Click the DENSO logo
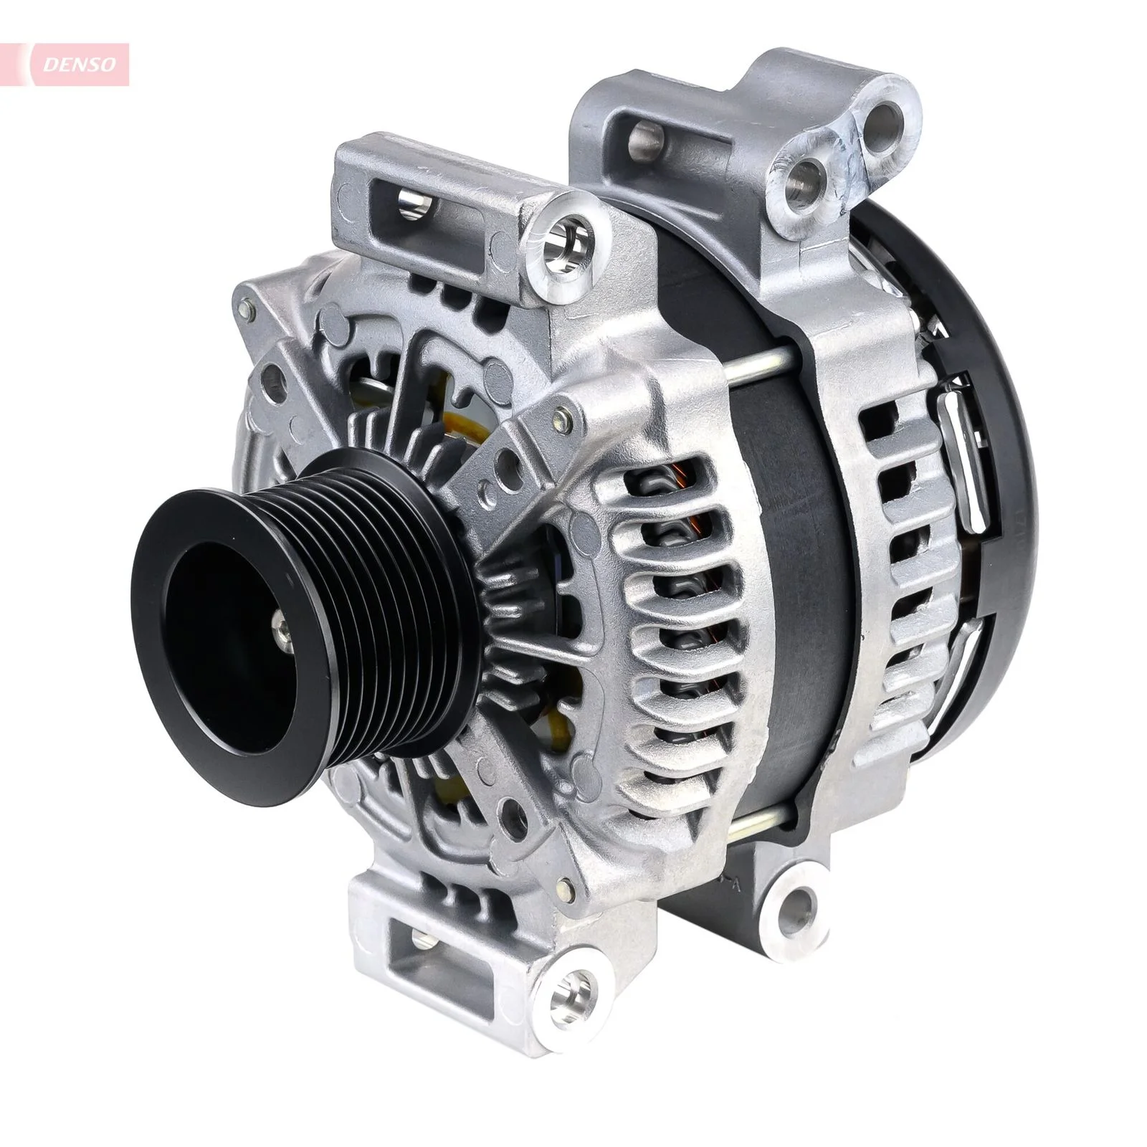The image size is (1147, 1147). (x=79, y=65)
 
